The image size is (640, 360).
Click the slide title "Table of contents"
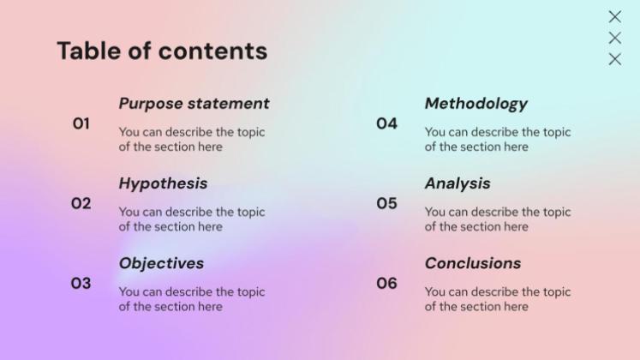162,51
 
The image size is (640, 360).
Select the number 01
81,123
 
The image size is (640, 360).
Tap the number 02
81,203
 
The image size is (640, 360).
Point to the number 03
81,283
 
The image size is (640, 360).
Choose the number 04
386,123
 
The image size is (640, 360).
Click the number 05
386,203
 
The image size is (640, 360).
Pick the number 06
386,283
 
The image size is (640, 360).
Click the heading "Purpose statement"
194,104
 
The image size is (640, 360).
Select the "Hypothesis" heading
163,183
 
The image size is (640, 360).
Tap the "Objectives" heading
161,263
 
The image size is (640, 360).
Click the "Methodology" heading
476,104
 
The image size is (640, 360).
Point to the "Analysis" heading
458,183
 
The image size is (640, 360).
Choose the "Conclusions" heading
472,263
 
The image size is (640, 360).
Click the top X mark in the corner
614,16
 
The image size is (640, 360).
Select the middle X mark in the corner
614,38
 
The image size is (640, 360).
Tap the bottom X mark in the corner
614,59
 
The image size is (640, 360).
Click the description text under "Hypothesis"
192,219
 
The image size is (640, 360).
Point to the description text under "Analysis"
497,219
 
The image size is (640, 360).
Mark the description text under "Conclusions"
497,299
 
